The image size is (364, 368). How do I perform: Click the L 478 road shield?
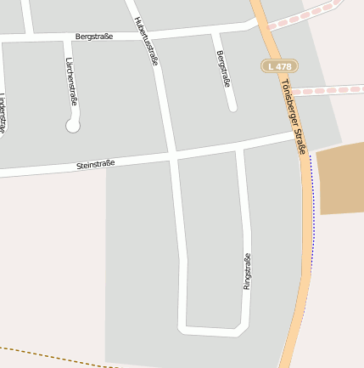(x=279, y=65)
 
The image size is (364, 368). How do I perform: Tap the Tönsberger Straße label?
(x=294, y=116)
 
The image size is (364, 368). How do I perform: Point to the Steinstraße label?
(x=95, y=162)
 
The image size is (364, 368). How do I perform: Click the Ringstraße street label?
(x=247, y=271)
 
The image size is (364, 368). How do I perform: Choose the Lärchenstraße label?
(x=71, y=81)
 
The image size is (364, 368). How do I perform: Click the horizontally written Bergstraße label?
(x=94, y=37)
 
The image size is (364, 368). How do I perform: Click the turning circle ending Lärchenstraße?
(x=72, y=126)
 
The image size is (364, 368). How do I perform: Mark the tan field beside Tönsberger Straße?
(x=339, y=178)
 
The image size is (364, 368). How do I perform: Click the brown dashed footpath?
(x=51, y=355)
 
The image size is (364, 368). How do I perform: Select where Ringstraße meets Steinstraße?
(x=240, y=147)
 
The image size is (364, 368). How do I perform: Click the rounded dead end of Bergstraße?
(x=232, y=107)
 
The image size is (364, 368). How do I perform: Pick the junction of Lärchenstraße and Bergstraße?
(x=67, y=38)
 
